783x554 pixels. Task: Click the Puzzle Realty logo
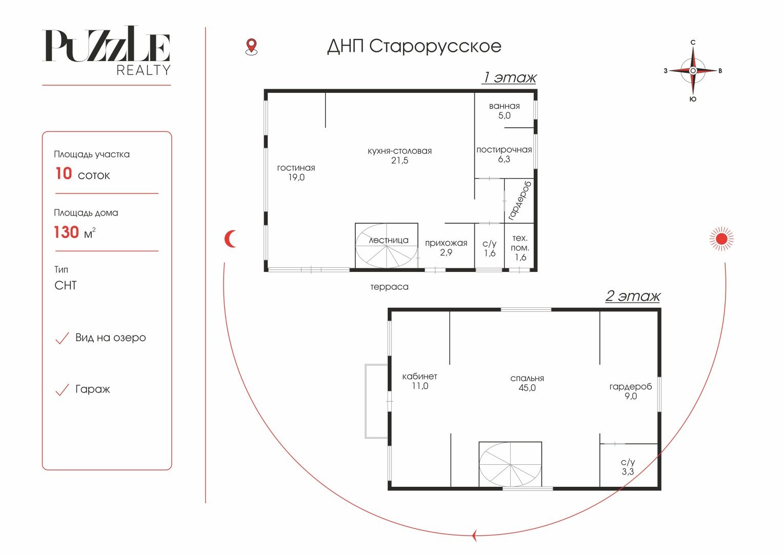pyautogui.click(x=106, y=50)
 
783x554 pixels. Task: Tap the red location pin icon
pyautogui.click(x=251, y=47)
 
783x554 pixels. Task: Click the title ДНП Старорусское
pyautogui.click(x=414, y=46)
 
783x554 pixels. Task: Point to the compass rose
pyautogui.click(x=693, y=71)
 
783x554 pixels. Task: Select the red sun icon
pyautogui.click(x=721, y=239)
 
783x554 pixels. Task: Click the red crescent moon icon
pyautogui.click(x=230, y=239)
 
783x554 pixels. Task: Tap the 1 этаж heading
pyautogui.click(x=509, y=77)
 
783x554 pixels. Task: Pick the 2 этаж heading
pyautogui.click(x=633, y=296)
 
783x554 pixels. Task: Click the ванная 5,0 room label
pyautogui.click(x=504, y=110)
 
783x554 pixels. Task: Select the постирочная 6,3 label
pyautogui.click(x=504, y=154)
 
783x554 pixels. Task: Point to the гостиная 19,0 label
pyautogui.click(x=296, y=172)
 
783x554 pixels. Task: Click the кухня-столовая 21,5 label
pyautogui.click(x=399, y=155)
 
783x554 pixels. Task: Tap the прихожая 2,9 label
pyautogui.click(x=446, y=248)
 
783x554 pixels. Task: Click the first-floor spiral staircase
pyautogui.click(x=386, y=246)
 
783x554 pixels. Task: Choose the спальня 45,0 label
pyautogui.click(x=527, y=383)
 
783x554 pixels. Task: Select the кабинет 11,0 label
pyautogui.click(x=420, y=381)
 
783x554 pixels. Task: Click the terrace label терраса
pyautogui.click(x=389, y=287)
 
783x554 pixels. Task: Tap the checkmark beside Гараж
pyautogui.click(x=62, y=390)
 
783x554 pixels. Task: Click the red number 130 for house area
pyautogui.click(x=67, y=232)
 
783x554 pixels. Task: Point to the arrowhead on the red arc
pyautogui.click(x=474, y=535)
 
